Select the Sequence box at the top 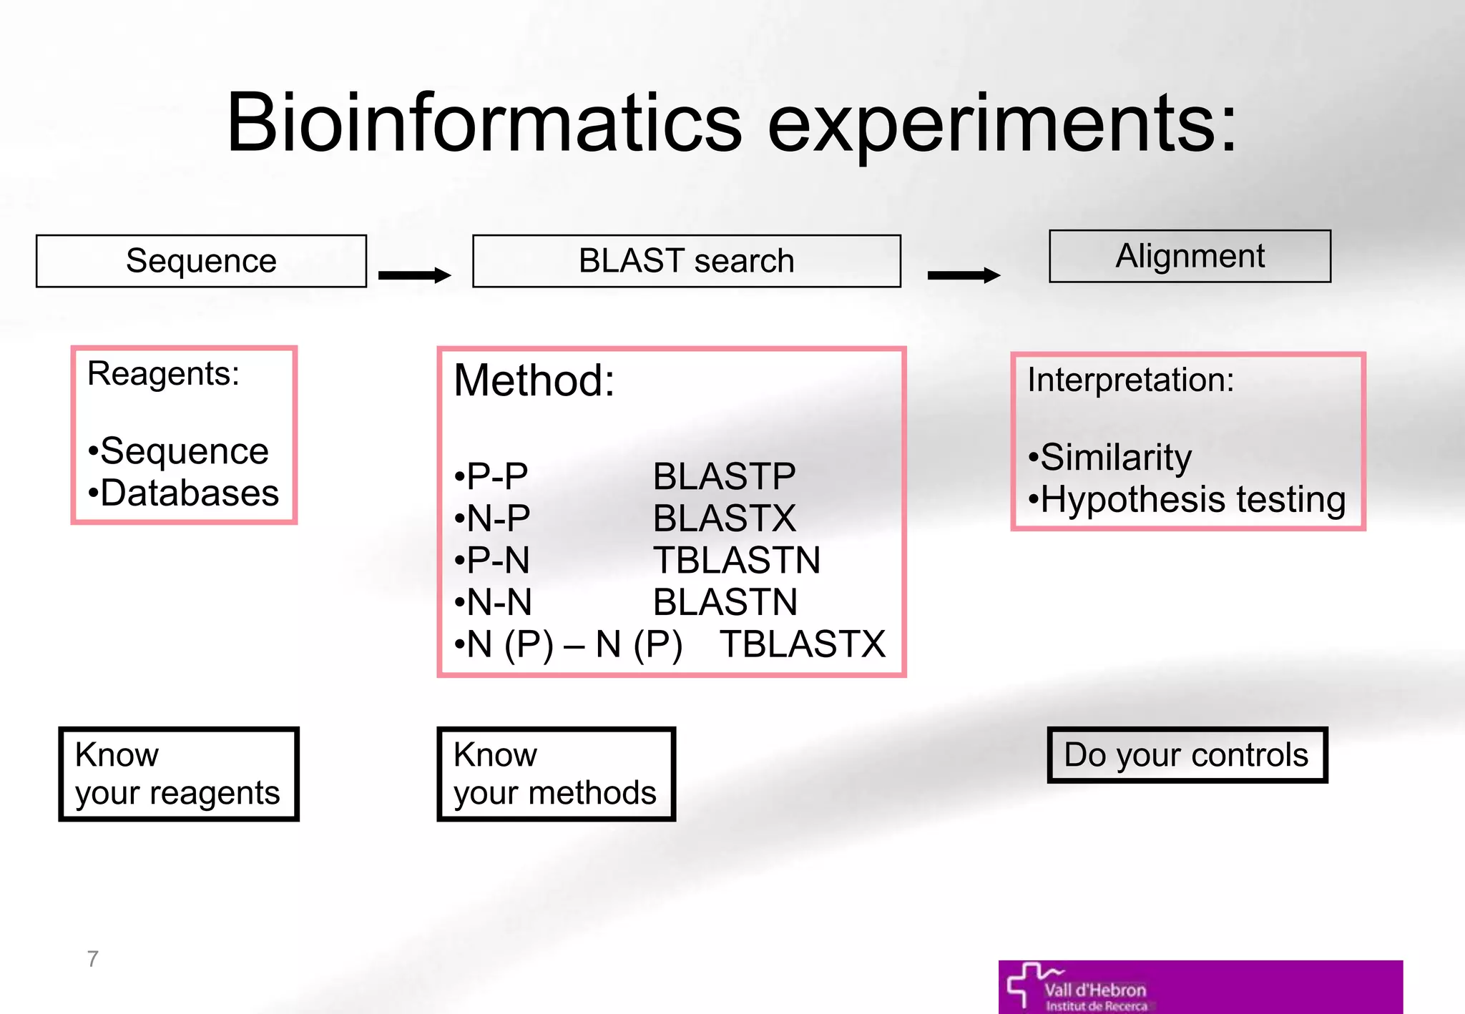click(x=201, y=261)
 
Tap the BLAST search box click(x=686, y=261)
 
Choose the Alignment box click(x=1190, y=256)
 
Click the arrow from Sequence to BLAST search click(x=414, y=275)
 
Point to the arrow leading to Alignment click(x=963, y=275)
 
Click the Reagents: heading click(x=163, y=373)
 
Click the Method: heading click(x=534, y=380)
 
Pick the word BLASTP click(x=723, y=476)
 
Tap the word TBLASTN click(x=736, y=560)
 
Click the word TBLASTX click(x=802, y=644)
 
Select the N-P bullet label click(x=494, y=518)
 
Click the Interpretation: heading click(x=1130, y=380)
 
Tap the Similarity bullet click(x=1110, y=457)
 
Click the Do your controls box click(x=1186, y=755)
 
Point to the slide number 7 click(x=92, y=959)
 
